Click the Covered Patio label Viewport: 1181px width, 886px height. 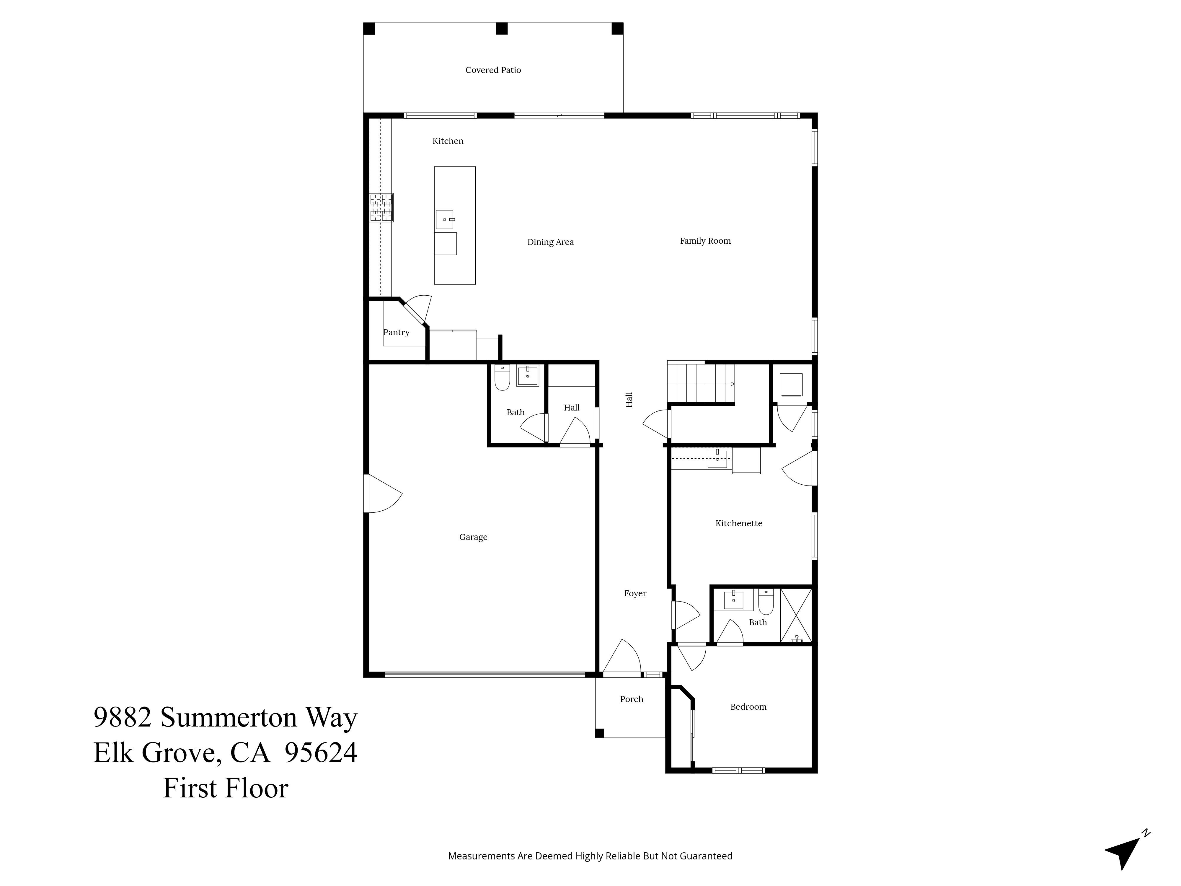click(x=493, y=70)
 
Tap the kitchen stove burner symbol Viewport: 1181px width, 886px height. click(x=381, y=208)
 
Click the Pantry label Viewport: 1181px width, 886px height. click(x=396, y=332)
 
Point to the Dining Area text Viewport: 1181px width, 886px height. click(x=550, y=242)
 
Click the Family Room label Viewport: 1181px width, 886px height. click(x=705, y=241)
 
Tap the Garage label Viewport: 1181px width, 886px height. click(x=473, y=537)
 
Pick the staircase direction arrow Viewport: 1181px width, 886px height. click(x=731, y=383)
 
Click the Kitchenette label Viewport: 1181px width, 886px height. click(x=738, y=523)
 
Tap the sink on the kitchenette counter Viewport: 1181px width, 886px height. click(x=717, y=459)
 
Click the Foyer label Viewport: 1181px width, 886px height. click(x=635, y=593)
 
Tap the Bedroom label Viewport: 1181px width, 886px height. click(x=748, y=706)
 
